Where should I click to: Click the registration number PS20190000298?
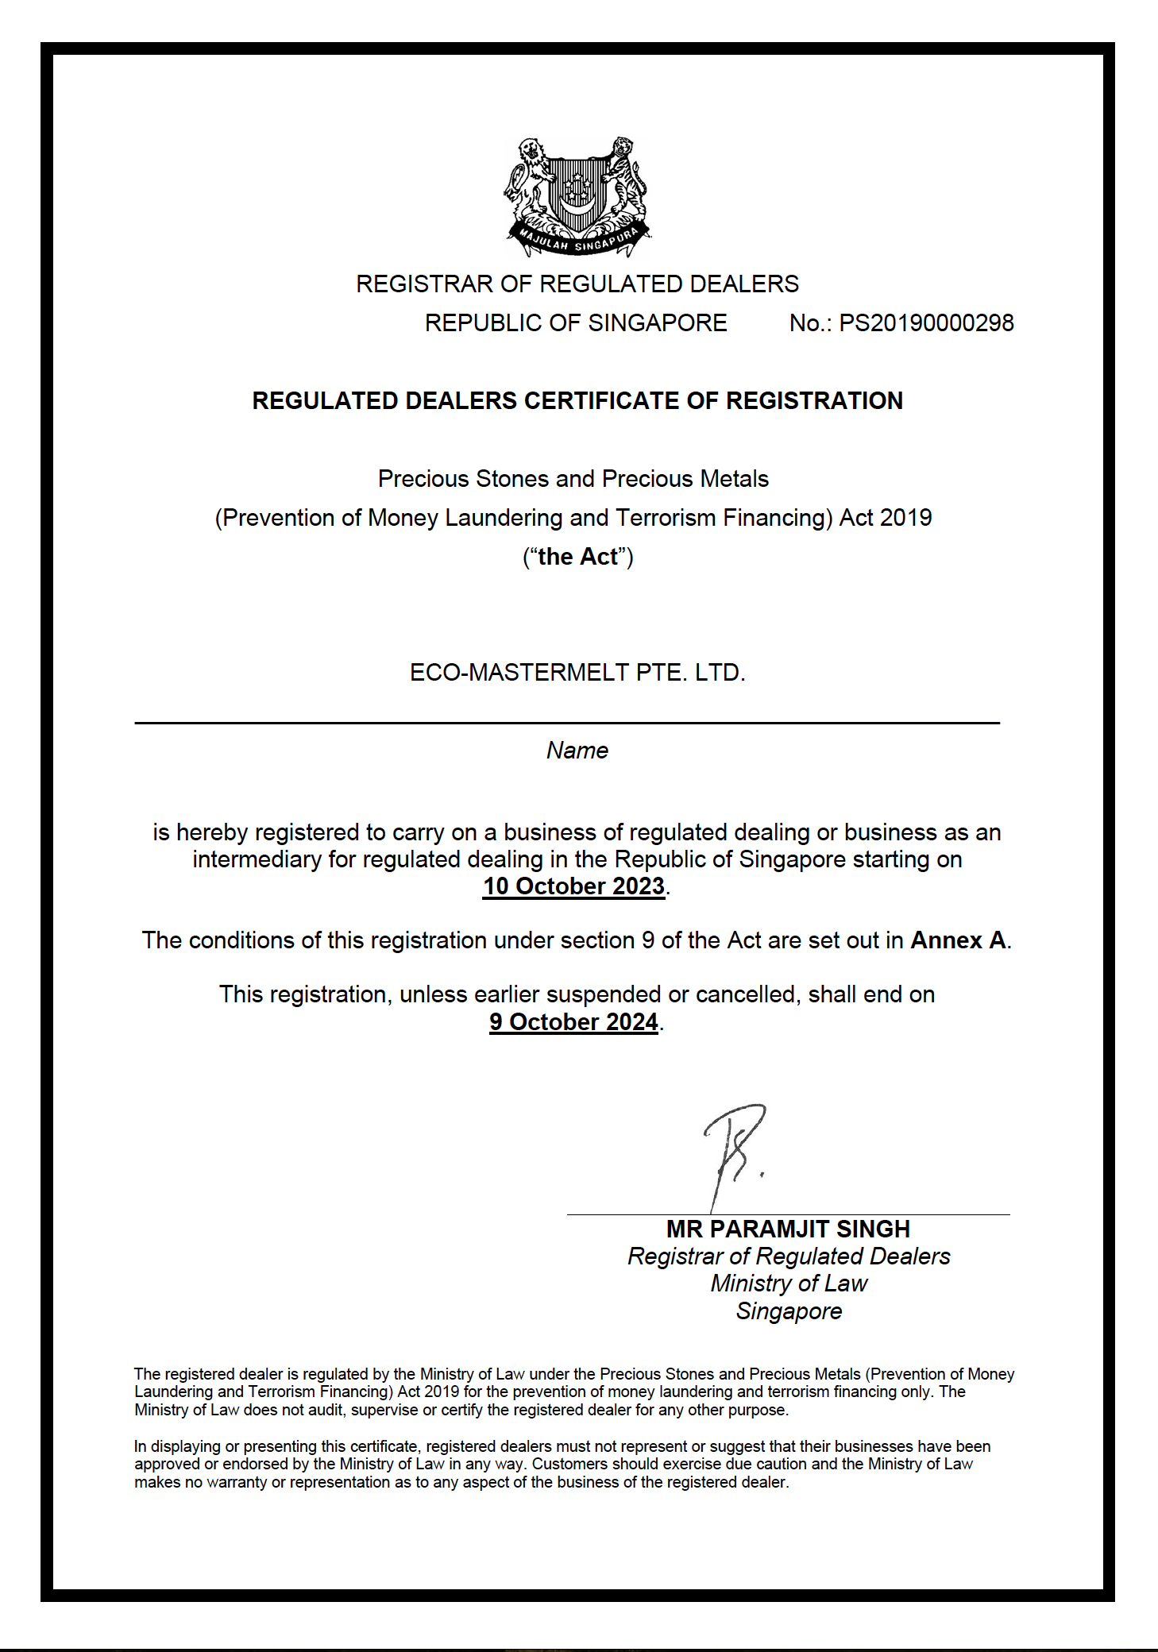[926, 323]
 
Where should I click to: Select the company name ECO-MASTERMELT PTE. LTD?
[577, 673]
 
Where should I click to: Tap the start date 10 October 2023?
[573, 886]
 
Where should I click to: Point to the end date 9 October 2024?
[573, 1022]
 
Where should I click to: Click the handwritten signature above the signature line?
[735, 1148]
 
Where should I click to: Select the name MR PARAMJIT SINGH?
[788, 1229]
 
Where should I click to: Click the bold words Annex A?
[959, 940]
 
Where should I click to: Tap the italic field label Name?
[577, 751]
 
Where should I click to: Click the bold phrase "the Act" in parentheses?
[577, 557]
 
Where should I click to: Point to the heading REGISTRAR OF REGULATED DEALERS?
[577, 284]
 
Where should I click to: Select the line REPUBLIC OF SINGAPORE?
[576, 323]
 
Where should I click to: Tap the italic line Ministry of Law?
[789, 1283]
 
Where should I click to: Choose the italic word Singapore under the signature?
[789, 1311]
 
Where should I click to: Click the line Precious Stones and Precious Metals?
[573, 479]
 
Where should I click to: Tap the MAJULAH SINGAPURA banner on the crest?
[577, 241]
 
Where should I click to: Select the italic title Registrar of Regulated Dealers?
[789, 1256]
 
